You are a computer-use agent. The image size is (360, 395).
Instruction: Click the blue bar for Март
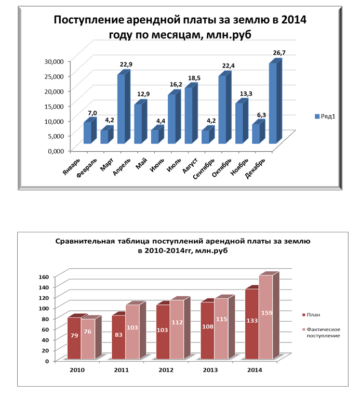tap(121, 109)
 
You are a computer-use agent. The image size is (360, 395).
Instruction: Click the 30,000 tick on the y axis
tap(52, 61)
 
